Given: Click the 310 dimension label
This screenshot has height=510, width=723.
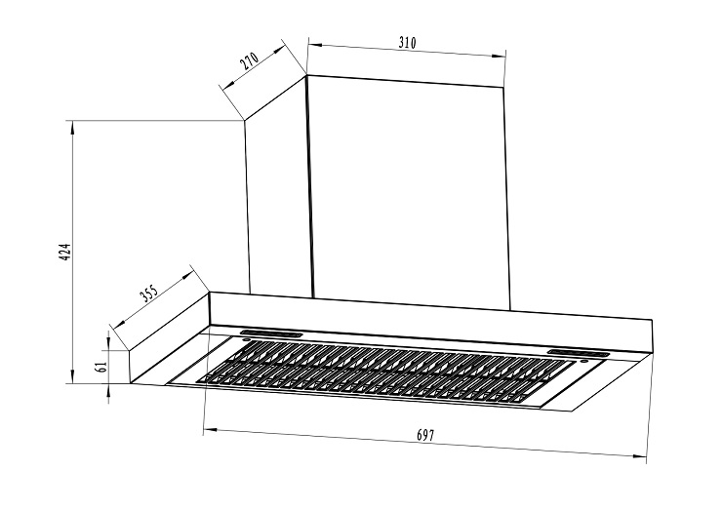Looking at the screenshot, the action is tap(407, 43).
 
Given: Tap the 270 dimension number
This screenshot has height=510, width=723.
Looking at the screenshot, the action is tap(250, 60).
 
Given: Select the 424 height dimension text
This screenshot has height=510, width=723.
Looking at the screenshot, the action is tap(65, 253).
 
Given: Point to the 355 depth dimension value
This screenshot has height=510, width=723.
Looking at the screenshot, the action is tap(149, 293).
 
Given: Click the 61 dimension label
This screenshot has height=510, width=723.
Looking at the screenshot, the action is tap(100, 367).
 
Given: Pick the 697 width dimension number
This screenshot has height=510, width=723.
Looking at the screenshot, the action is tap(425, 435).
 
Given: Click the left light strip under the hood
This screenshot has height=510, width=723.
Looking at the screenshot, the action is tap(270, 333).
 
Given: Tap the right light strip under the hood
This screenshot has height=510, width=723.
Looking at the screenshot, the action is tap(578, 353).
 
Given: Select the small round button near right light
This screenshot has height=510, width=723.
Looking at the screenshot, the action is tap(584, 361).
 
